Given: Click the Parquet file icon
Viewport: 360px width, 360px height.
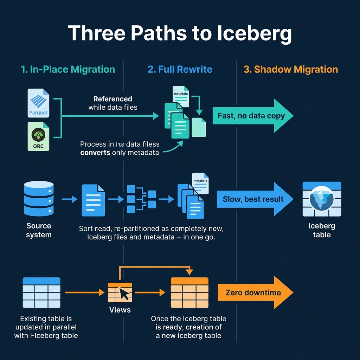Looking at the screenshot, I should (x=38, y=103).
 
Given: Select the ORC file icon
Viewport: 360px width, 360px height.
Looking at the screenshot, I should (x=38, y=136).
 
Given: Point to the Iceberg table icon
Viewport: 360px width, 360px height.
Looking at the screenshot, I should (x=322, y=199).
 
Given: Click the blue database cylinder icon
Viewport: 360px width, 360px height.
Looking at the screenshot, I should (x=38, y=199).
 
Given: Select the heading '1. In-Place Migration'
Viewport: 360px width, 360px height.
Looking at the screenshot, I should (x=68, y=69).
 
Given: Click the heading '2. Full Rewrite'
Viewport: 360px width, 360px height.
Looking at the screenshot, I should (x=180, y=69).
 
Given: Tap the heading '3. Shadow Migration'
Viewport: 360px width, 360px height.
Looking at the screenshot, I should (x=291, y=69).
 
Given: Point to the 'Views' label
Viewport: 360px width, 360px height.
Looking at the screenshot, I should (x=120, y=310).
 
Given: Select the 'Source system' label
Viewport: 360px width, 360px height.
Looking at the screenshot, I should (x=39, y=230).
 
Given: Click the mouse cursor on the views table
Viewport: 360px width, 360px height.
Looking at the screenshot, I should (x=124, y=294).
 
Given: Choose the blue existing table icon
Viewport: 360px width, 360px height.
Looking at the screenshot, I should (x=41, y=292).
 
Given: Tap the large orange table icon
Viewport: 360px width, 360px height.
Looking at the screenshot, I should (x=189, y=292).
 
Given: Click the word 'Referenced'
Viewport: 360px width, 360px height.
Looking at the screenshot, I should (x=112, y=99).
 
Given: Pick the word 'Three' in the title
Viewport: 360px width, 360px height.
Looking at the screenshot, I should (x=97, y=33).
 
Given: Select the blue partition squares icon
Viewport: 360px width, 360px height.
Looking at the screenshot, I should (x=141, y=199).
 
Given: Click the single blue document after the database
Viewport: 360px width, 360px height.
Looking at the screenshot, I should (x=93, y=200).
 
